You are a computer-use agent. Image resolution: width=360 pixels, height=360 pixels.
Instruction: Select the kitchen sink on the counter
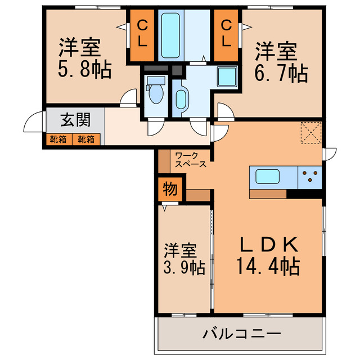tap(268, 177)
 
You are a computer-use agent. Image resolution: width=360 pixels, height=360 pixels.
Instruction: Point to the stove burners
tap(309, 177)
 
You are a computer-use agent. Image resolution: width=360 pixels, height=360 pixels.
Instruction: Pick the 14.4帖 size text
tap(267, 265)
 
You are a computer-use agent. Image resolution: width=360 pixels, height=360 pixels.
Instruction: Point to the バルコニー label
tap(241, 335)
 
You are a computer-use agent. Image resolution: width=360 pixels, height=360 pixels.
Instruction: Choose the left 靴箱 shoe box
tap(58, 138)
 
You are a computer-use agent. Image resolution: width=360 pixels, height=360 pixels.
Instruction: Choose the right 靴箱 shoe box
tap(86, 138)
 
